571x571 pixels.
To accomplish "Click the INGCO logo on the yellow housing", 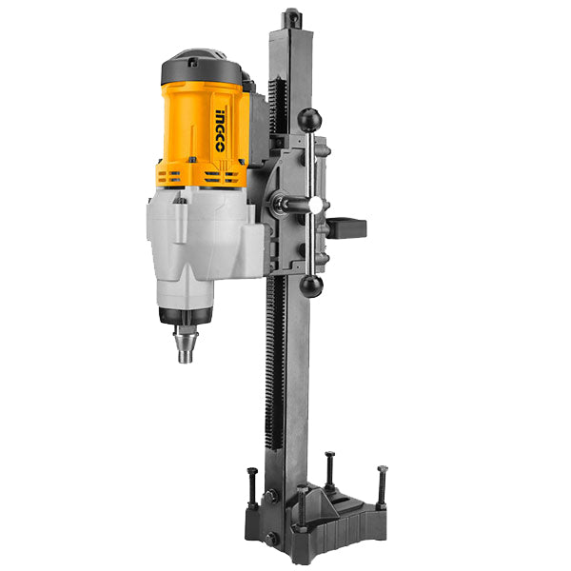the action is (x=220, y=130).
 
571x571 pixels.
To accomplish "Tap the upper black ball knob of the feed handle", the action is (x=309, y=120).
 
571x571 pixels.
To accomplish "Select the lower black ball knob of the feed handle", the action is (x=311, y=285).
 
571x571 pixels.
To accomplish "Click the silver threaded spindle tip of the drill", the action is (x=186, y=345).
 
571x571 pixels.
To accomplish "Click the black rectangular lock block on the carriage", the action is (x=346, y=228).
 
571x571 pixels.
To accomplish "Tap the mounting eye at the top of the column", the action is (x=293, y=17).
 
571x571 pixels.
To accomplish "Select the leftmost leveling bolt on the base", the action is (x=252, y=488).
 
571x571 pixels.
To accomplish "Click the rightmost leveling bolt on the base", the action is (x=382, y=487).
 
